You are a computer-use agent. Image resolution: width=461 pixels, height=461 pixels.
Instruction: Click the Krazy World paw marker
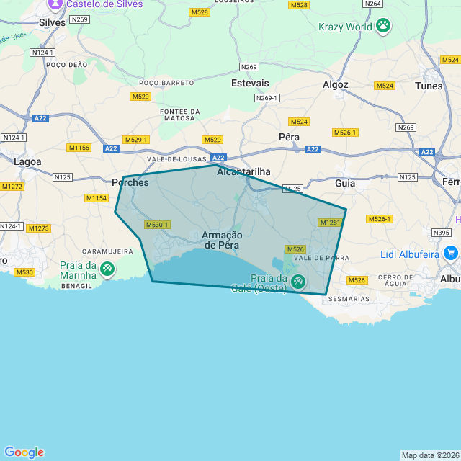[383, 27]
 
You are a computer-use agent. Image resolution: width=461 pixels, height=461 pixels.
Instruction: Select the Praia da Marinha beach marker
[107, 269]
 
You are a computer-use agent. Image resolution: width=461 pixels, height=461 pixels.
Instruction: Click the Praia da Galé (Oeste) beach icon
[297, 282]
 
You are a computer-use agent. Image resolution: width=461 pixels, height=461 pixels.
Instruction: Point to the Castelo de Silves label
[104, 4]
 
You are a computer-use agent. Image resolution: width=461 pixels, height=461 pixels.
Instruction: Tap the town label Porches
[130, 183]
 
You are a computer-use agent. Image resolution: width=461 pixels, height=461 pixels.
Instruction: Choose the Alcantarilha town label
[243, 171]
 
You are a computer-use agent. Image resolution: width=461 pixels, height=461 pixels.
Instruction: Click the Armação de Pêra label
[222, 240]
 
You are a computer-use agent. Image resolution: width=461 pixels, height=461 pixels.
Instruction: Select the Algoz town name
[336, 84]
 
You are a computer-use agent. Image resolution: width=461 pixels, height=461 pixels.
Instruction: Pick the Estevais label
[250, 84]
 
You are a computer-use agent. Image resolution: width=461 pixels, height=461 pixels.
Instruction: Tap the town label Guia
[345, 183]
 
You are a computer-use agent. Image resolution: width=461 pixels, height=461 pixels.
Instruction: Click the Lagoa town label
[27, 162]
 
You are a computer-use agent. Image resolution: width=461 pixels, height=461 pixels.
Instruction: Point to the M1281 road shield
[329, 223]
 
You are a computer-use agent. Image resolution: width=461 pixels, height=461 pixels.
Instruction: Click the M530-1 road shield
[157, 225]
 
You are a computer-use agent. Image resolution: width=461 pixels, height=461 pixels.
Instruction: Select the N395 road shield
[442, 233]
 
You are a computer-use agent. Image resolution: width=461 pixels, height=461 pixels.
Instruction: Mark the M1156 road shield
[79, 148]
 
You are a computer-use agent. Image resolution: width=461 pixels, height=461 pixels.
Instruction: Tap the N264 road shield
[373, 4]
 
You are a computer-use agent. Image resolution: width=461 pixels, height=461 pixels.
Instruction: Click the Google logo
[24, 452]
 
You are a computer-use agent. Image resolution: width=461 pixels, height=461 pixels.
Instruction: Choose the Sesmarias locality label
[348, 298]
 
